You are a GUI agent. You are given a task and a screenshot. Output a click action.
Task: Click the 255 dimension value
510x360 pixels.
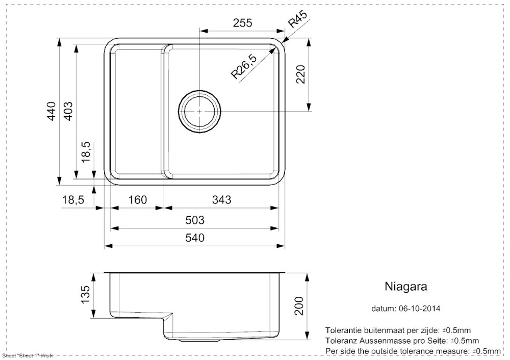tap(243, 23)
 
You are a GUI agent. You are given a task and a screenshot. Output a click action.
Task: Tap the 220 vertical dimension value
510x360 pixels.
tap(300, 74)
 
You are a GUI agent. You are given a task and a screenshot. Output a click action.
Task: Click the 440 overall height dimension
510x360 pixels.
tap(52, 111)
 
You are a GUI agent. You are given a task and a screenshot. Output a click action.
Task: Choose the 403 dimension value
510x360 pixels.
tap(68, 111)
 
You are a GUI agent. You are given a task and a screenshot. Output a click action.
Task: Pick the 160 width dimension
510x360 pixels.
tap(138, 200)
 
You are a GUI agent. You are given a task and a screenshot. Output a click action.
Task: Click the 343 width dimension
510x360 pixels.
tap(221, 200)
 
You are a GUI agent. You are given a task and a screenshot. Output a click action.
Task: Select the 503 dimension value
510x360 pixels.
tap(195, 220)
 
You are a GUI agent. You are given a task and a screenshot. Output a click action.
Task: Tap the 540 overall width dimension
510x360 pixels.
tap(195, 238)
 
